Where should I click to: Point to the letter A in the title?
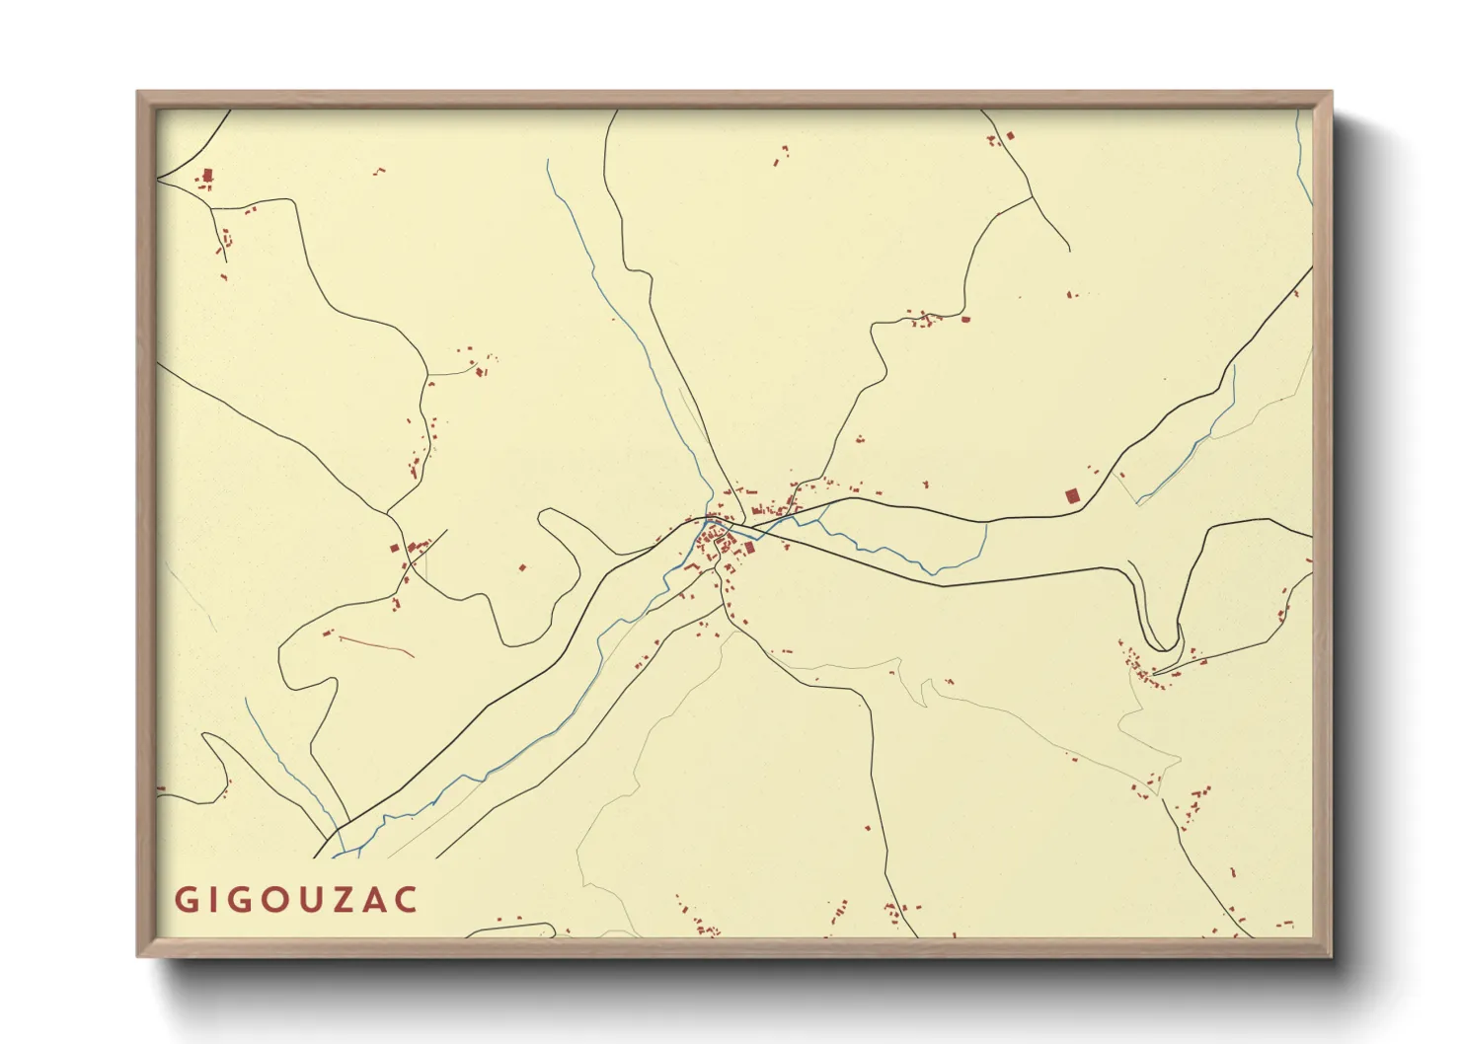pos(375,900)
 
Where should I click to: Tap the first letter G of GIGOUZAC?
pos(185,900)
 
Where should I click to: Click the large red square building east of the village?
pos(1073,496)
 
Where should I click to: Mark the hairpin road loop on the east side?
pos(1165,641)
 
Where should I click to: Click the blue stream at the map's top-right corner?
pos(1303,158)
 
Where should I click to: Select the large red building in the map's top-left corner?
pos(207,177)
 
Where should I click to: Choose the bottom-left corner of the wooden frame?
pos(139,955)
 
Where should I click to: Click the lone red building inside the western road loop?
pos(522,567)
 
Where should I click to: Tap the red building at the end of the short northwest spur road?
pos(481,371)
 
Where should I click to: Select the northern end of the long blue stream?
pos(548,161)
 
